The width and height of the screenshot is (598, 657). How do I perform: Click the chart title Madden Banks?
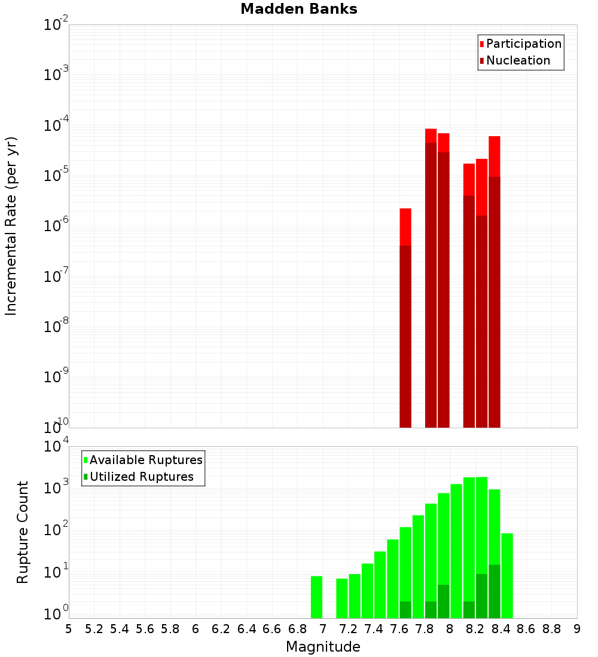point(298,10)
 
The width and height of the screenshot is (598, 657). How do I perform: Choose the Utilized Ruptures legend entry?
point(141,477)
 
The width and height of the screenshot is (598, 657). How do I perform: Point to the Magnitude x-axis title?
point(323,647)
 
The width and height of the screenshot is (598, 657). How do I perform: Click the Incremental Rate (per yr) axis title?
point(11,226)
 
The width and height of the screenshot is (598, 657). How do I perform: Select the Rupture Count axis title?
point(23,532)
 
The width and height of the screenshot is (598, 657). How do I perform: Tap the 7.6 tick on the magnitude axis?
point(399,629)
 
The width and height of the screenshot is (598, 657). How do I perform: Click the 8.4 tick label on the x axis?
point(501,629)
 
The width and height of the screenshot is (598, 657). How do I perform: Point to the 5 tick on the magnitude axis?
point(69,629)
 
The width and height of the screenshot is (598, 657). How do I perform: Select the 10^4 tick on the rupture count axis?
point(56,447)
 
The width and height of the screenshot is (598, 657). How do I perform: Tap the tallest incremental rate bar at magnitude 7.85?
point(431,281)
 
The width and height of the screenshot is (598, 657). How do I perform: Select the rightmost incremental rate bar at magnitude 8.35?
point(494,287)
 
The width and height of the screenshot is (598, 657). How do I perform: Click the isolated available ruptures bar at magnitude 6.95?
point(316,597)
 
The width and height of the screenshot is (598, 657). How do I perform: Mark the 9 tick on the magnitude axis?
point(577,629)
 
